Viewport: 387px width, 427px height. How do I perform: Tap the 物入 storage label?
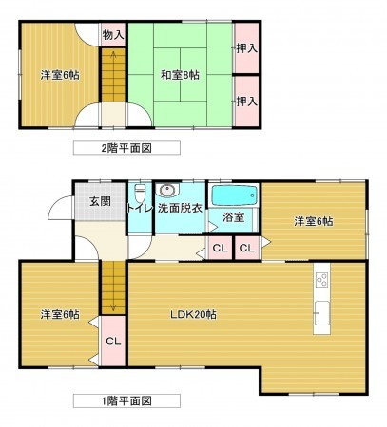point(113,35)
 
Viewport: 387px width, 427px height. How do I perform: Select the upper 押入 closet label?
point(245,46)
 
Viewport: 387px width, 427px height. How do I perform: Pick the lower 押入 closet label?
point(245,100)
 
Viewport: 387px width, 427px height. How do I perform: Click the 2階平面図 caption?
point(126,148)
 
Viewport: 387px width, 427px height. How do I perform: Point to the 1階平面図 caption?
point(126,399)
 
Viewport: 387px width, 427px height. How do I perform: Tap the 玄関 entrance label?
point(100,201)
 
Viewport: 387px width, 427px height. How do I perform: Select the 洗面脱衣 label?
point(181,209)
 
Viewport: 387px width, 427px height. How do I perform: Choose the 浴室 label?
point(233,217)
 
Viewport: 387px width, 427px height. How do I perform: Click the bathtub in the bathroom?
point(234,195)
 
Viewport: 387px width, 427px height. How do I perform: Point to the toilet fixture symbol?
point(139,191)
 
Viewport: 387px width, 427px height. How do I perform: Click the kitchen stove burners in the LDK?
point(320,279)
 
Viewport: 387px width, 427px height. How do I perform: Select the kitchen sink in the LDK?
point(320,310)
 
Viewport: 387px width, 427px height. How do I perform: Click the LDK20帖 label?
point(193,314)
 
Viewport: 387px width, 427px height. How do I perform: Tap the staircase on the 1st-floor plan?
point(112,286)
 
